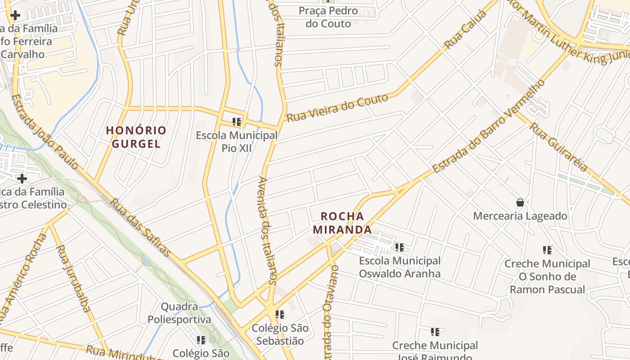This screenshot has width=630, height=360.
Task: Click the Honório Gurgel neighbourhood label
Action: [x=136, y=137]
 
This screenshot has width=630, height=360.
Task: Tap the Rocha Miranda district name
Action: [x=342, y=223]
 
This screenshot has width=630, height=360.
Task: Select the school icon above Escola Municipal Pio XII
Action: [x=237, y=122]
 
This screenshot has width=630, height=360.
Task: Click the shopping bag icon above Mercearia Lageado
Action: [x=520, y=202]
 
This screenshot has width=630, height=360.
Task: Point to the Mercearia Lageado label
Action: [x=520, y=216]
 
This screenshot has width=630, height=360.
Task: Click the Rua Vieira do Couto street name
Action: [x=337, y=108]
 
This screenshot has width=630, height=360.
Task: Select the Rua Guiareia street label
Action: [x=558, y=147]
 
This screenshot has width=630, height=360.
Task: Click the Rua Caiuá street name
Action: [x=466, y=30]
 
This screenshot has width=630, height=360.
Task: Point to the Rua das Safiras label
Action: [x=140, y=227]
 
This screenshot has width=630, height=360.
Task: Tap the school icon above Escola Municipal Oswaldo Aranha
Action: [x=399, y=247]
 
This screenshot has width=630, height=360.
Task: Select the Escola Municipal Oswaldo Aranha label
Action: [x=400, y=267]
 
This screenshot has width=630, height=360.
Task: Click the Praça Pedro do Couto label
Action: [x=328, y=17]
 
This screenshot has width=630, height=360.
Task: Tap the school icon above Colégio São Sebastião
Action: [x=280, y=315]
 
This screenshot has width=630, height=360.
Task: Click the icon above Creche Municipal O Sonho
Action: [x=547, y=250]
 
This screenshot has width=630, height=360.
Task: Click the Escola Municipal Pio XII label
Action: [x=237, y=141]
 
